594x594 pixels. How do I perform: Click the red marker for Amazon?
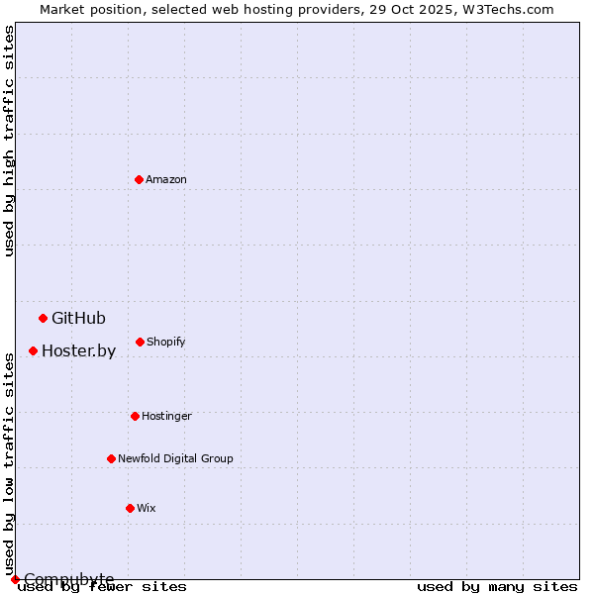[x=139, y=179]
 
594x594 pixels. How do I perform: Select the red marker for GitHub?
[x=43, y=318]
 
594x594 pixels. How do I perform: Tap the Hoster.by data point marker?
[x=33, y=350]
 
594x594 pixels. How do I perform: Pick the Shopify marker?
[x=140, y=342]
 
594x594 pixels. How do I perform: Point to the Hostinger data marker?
[x=135, y=416]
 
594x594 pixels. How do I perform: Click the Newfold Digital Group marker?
[x=111, y=458]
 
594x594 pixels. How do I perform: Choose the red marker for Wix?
[x=130, y=508]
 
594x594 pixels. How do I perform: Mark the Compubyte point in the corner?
[x=15, y=579]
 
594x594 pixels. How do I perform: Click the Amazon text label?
[x=166, y=179]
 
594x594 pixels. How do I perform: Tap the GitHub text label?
[x=78, y=318]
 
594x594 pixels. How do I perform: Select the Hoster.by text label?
[x=78, y=350]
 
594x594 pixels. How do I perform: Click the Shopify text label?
[x=166, y=342]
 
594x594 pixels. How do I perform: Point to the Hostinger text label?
[x=166, y=416]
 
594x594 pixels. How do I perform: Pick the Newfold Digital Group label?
[x=175, y=458]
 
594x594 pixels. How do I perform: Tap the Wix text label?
[x=147, y=508]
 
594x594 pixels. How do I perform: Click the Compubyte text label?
[x=69, y=579]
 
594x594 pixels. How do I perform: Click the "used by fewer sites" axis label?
[x=102, y=587]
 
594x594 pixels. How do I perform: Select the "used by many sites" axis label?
[x=497, y=587]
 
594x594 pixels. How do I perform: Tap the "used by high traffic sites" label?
[x=10, y=141]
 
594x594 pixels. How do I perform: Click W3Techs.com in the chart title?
[x=505, y=9]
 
